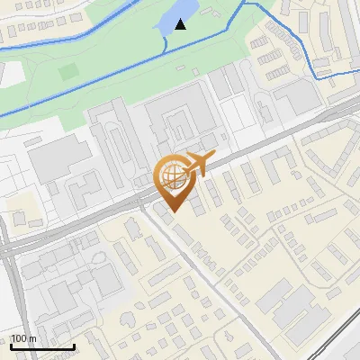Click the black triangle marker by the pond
181,23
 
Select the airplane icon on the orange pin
197,164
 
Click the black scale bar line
42,346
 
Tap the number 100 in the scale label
18,338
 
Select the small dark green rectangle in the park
68,70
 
